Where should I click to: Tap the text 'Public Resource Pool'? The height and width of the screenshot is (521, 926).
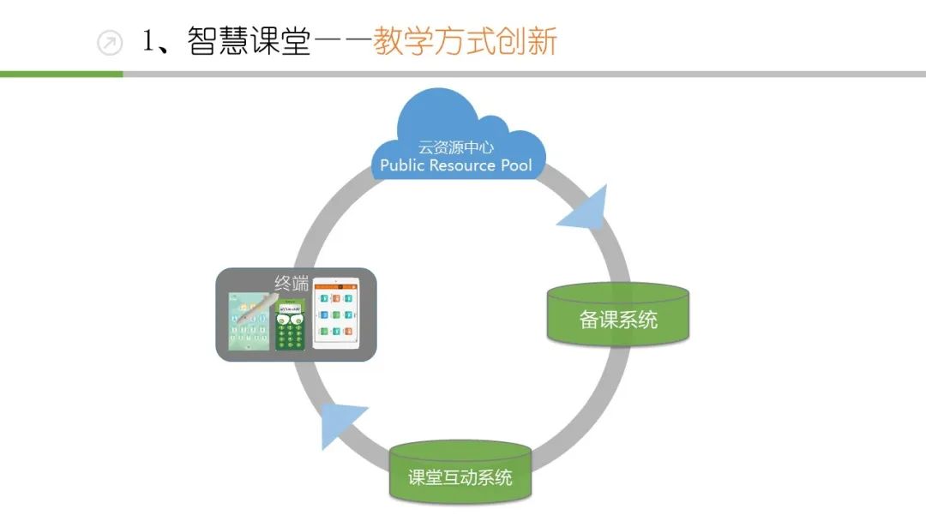(x=456, y=165)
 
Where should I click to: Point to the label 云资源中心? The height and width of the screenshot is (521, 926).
(x=456, y=147)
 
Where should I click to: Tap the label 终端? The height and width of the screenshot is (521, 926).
(x=290, y=284)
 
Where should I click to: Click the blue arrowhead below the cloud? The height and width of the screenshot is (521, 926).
(x=588, y=209)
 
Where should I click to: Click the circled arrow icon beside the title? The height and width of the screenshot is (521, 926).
(x=110, y=43)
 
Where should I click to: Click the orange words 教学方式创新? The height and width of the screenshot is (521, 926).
(x=465, y=42)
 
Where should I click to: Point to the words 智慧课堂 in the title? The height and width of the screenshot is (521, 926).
(x=249, y=42)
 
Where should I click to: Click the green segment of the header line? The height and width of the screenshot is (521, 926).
(x=61, y=75)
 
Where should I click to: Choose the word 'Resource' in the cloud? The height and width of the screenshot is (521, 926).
(x=462, y=165)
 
